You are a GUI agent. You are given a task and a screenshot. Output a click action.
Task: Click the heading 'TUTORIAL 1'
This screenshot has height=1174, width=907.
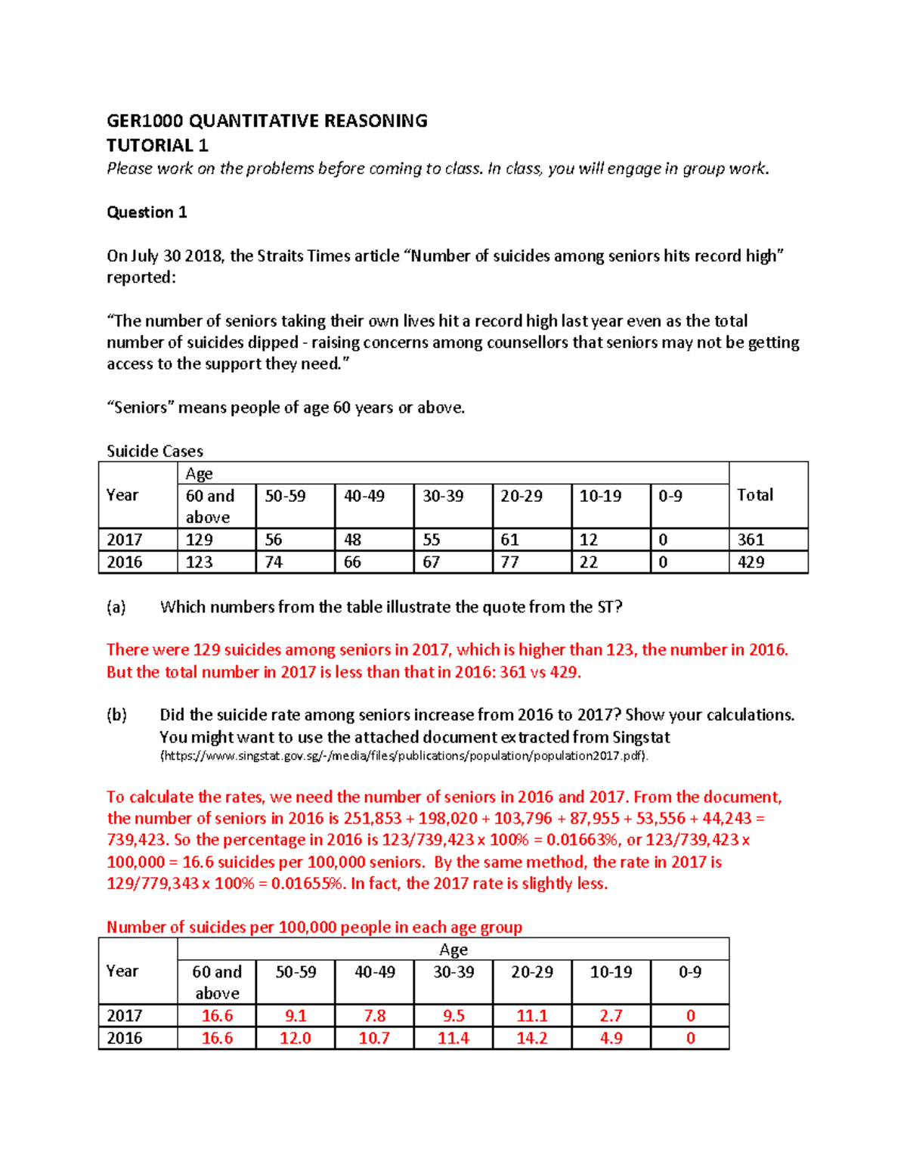(157, 145)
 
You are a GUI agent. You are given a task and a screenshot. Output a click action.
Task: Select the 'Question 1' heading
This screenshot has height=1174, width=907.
(147, 212)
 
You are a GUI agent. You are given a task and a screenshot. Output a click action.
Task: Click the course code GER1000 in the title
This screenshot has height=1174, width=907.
(144, 121)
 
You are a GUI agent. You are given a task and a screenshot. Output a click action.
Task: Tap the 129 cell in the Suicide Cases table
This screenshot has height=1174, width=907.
(200, 540)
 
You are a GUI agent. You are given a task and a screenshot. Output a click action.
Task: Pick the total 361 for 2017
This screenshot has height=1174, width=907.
(751, 540)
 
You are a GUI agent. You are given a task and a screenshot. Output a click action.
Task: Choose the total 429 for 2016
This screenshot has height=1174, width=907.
(751, 562)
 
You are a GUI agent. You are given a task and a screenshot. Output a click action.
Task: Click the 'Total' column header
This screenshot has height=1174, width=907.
(755, 495)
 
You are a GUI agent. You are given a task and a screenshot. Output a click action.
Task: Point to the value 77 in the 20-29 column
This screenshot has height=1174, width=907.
(510, 562)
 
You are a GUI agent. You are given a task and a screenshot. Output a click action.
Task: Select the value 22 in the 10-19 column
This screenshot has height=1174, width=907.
(589, 562)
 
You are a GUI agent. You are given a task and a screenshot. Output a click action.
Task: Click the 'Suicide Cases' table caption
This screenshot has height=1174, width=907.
(155, 451)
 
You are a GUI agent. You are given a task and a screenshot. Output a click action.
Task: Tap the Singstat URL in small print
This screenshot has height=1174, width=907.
(404, 756)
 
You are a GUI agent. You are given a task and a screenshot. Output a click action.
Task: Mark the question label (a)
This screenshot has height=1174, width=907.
(116, 607)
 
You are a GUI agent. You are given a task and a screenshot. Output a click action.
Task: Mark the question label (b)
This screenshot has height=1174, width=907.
(116, 715)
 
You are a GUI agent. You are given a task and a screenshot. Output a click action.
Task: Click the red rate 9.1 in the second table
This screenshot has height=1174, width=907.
(295, 1016)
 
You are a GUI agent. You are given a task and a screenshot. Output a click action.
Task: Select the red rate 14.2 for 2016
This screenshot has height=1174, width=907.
(531, 1039)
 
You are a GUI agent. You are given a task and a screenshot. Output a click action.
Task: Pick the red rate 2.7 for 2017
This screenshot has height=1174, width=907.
(611, 1016)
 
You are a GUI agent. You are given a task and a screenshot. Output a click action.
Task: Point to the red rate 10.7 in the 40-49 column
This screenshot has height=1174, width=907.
(374, 1039)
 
